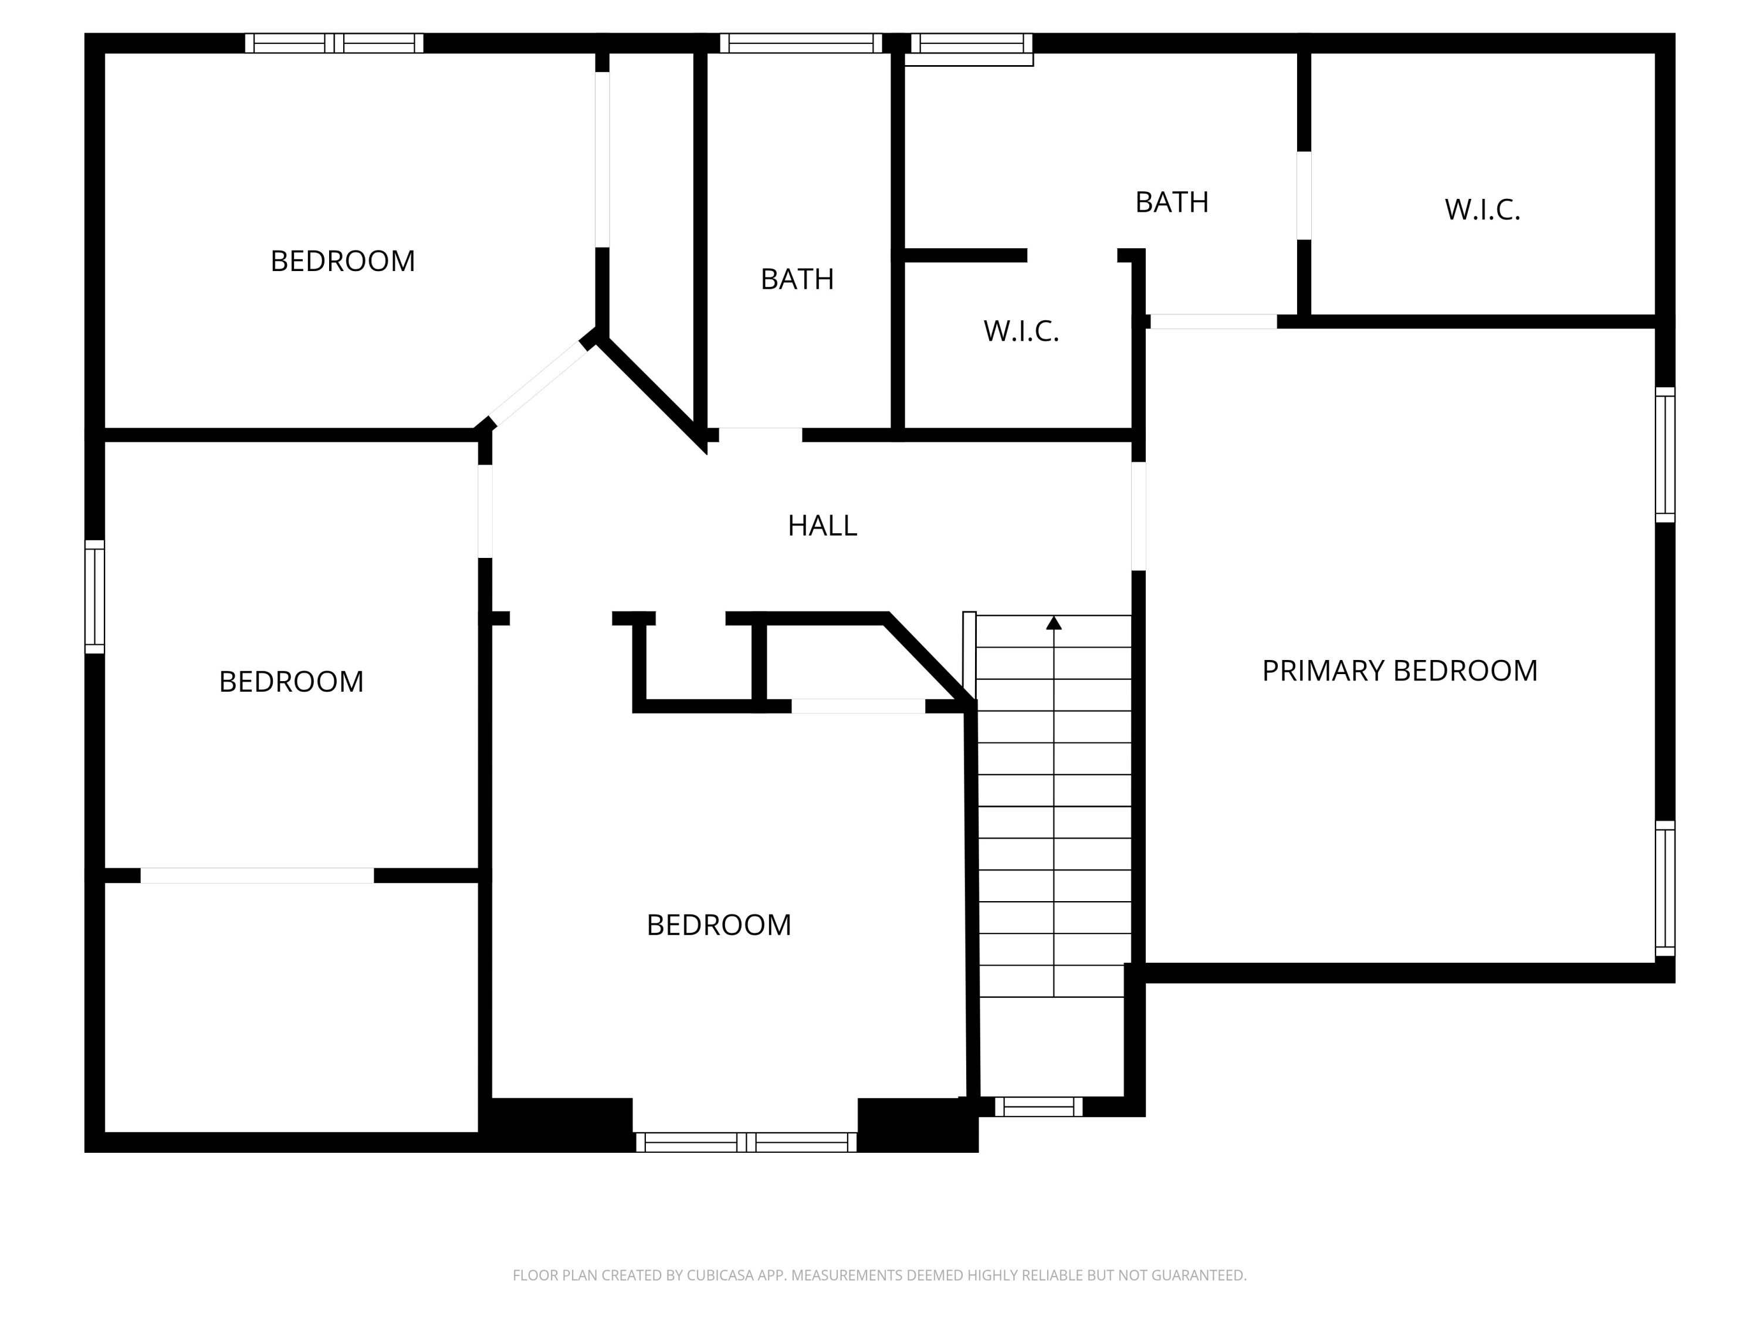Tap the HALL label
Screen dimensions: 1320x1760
(822, 526)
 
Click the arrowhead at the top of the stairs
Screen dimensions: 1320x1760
(1054, 623)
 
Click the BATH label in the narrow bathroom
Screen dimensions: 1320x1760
(797, 279)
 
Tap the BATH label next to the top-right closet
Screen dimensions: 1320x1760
(1171, 202)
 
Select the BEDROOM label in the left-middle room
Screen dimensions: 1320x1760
(290, 682)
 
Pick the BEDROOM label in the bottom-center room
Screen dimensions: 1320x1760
(719, 925)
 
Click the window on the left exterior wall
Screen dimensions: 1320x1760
(94, 597)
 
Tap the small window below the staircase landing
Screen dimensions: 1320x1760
(1038, 1107)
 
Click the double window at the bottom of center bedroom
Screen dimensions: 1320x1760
(746, 1143)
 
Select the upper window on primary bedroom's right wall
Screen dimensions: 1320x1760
(1666, 455)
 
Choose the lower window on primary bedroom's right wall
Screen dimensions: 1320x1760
(1666, 888)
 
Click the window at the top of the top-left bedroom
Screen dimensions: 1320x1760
(334, 43)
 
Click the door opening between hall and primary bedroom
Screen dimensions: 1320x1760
(1139, 516)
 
